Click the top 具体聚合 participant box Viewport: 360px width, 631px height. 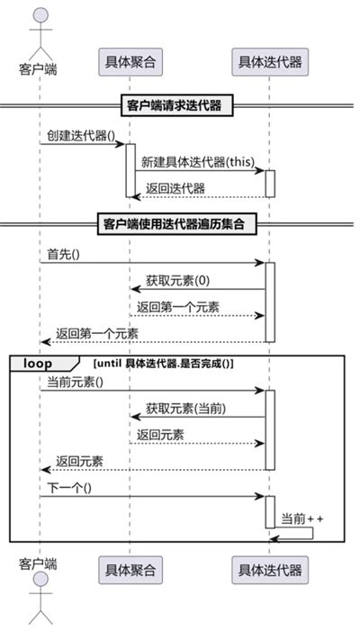click(x=130, y=62)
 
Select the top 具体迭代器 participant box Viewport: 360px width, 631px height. click(x=268, y=62)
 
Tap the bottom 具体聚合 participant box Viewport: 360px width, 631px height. click(x=130, y=569)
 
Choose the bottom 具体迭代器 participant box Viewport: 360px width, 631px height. click(x=268, y=569)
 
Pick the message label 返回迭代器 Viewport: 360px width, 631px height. click(x=175, y=187)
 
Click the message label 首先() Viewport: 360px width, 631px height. click(x=64, y=254)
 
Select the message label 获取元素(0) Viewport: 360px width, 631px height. click(x=176, y=280)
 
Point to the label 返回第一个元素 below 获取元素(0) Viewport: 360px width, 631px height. click(x=178, y=306)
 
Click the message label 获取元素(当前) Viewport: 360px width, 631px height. click(x=185, y=408)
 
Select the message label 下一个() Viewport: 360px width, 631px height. click(x=71, y=487)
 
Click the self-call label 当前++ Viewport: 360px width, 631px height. click(x=302, y=518)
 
